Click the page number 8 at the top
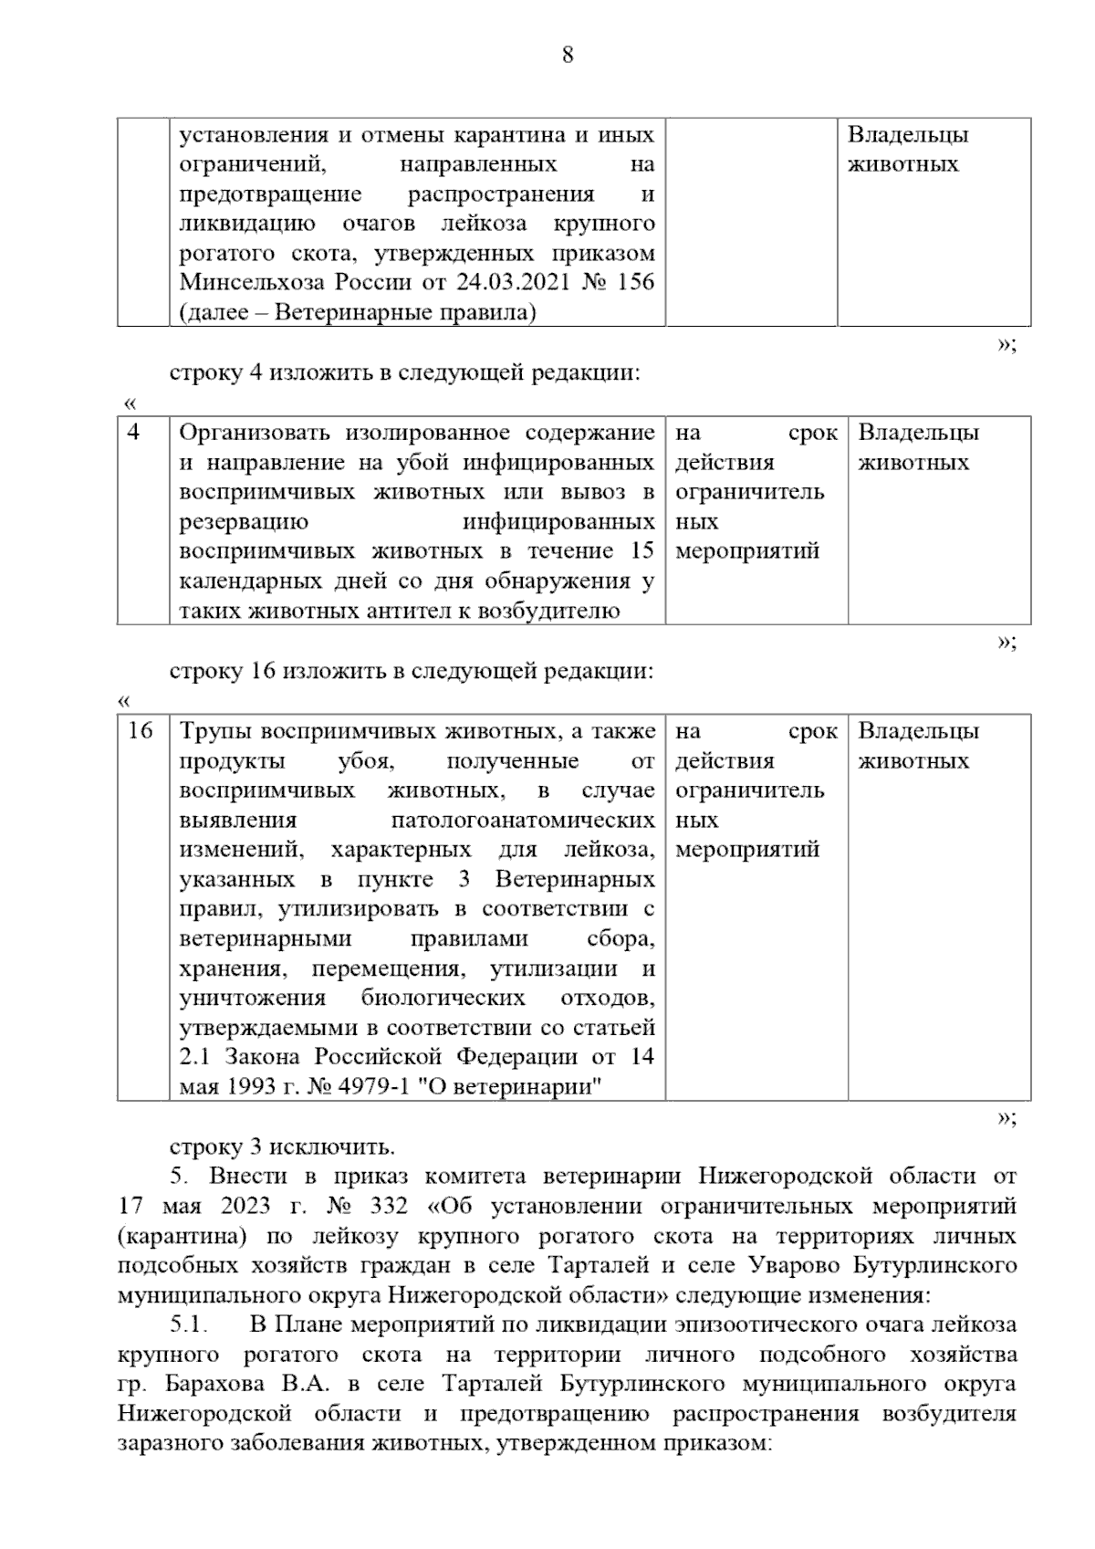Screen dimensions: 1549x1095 567,56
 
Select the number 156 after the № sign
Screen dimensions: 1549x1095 635,282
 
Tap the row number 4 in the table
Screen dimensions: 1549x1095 134,433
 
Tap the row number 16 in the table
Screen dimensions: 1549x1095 140,731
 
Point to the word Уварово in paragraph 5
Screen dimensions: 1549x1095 786,1265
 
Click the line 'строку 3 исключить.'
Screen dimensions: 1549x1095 283,1146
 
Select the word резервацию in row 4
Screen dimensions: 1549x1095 244,522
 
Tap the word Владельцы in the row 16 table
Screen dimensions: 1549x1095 919,731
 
